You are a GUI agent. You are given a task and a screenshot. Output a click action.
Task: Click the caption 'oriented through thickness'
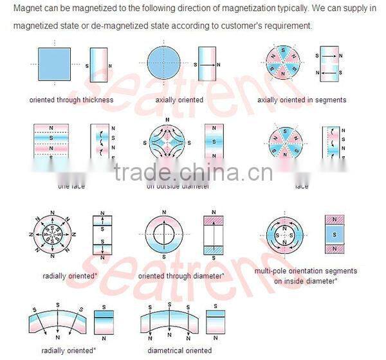point(71,100)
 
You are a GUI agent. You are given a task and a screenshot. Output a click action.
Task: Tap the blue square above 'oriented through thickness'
point(57,66)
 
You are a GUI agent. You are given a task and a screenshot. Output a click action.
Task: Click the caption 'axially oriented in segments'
point(302,100)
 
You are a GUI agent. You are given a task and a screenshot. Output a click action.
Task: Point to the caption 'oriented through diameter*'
point(182,276)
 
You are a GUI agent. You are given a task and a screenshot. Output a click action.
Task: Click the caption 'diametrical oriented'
point(179,350)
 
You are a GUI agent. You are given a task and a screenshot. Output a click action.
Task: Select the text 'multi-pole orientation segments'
point(306,271)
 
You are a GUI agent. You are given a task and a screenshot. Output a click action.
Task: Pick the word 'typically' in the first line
point(260,8)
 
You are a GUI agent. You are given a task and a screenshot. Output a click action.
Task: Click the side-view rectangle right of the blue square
point(98,66)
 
